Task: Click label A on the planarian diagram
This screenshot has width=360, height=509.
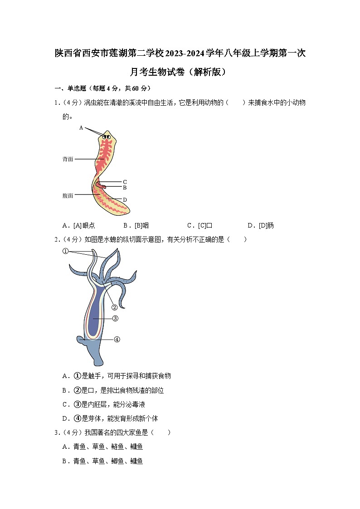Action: pyautogui.click(x=81, y=128)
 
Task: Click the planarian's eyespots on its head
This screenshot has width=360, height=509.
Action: pyautogui.click(x=107, y=136)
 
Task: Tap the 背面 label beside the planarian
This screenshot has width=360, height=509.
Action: pyautogui.click(x=68, y=159)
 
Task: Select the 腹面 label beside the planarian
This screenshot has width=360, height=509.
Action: pyautogui.click(x=68, y=196)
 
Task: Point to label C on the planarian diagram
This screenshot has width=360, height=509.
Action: pyautogui.click(x=125, y=182)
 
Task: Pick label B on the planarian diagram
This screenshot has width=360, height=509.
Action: pyautogui.click(x=125, y=188)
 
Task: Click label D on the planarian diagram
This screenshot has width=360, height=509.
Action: pyautogui.click(x=125, y=200)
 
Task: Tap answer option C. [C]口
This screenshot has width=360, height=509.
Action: pyautogui.click(x=199, y=225)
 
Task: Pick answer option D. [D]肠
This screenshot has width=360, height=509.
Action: pyautogui.click(x=260, y=225)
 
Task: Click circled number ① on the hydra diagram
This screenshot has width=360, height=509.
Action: pyautogui.click(x=65, y=252)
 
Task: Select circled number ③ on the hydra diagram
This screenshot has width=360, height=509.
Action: pyautogui.click(x=115, y=319)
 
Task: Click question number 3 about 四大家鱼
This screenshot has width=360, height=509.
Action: pyautogui.click(x=56, y=432)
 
